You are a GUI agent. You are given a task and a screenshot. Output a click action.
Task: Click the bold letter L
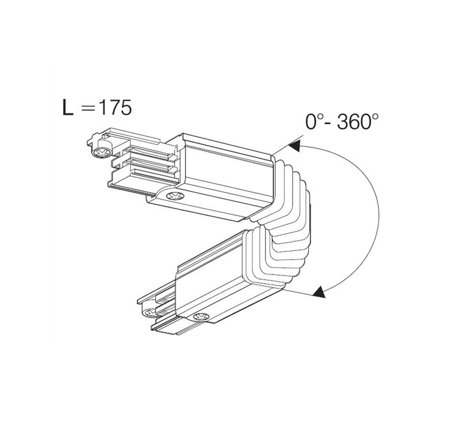(68, 107)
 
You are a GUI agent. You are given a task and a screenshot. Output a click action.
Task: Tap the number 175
(115, 107)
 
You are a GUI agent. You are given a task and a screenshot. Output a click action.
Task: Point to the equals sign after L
(88, 108)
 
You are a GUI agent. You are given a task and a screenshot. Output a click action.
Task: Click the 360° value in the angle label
(358, 122)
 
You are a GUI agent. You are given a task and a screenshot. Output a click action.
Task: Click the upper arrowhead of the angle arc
(294, 146)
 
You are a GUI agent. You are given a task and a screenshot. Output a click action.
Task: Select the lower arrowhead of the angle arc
(319, 292)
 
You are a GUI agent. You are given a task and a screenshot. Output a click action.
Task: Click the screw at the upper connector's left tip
(102, 152)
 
